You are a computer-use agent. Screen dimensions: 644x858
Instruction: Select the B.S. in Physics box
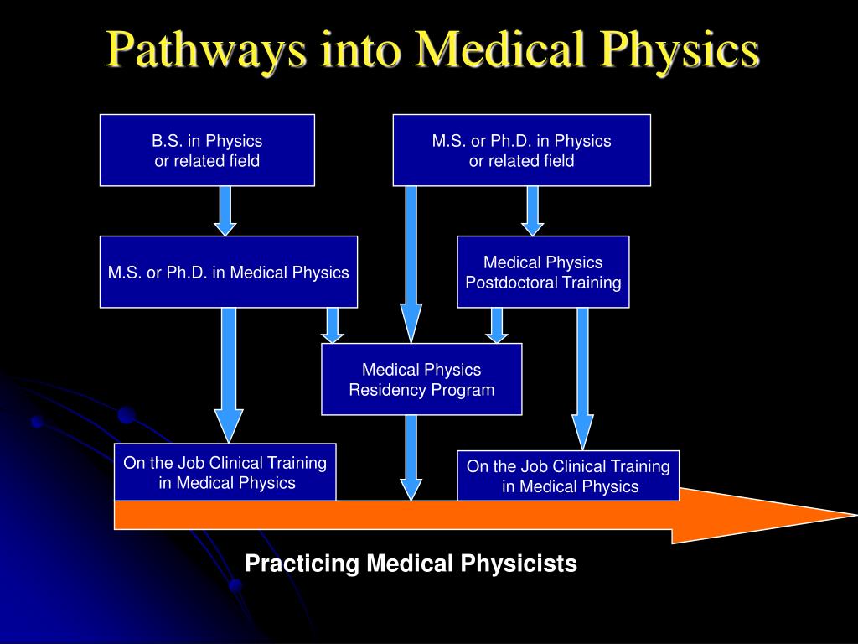click(207, 150)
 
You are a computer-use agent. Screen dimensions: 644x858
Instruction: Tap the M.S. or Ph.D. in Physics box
click(521, 150)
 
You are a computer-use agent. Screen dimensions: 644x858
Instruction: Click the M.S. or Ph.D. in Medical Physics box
click(228, 272)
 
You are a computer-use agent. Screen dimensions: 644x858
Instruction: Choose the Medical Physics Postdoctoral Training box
click(543, 272)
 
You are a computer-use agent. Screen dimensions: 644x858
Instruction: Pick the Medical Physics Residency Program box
click(421, 379)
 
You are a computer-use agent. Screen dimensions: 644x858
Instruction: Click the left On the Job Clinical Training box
click(225, 471)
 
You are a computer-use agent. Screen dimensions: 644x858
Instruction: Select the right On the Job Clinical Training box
click(568, 475)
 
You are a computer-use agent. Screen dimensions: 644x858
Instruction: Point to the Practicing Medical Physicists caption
click(411, 563)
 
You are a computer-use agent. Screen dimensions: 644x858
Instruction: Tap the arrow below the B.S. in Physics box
click(225, 210)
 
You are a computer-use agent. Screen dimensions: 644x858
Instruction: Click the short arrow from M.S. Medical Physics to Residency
click(333, 325)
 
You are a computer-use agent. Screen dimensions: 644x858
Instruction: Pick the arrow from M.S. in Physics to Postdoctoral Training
click(533, 210)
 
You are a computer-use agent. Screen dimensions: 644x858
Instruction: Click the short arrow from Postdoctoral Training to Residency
click(497, 325)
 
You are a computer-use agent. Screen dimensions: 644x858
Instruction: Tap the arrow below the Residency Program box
click(411, 457)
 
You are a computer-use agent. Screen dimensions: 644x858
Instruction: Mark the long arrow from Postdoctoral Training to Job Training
click(582, 377)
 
